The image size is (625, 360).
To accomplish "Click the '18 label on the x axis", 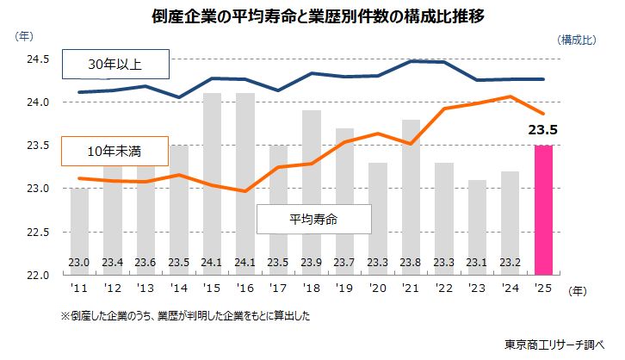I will click(311, 290).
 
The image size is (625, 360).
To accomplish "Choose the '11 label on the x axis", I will click(79, 290).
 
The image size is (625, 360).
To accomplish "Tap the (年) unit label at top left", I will click(25, 36).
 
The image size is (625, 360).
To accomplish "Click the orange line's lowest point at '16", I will click(245, 191).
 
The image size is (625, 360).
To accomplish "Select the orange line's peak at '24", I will click(510, 96).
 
